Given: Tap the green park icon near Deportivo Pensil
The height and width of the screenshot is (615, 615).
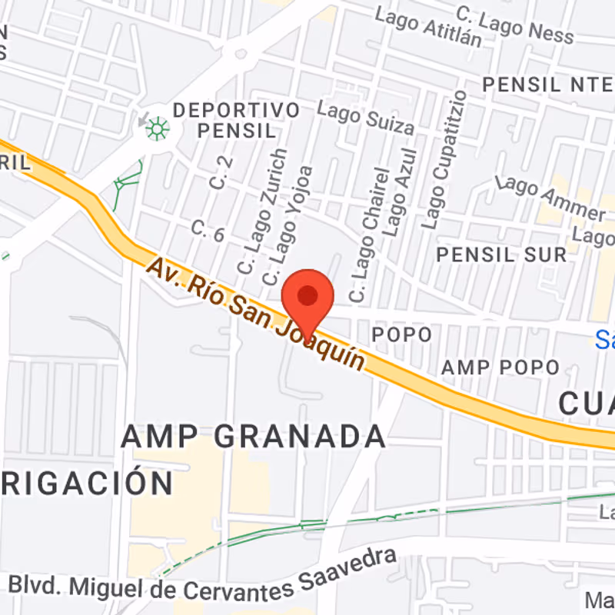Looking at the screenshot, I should click(158, 128).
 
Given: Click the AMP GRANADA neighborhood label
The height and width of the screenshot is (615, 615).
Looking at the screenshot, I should click(253, 437).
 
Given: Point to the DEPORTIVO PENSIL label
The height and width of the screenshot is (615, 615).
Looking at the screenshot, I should click(236, 120).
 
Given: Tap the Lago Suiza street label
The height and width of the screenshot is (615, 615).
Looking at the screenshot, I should click(366, 119).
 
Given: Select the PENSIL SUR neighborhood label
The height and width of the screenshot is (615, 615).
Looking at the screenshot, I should click(501, 254).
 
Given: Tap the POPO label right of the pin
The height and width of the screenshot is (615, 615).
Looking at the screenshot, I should click(401, 334).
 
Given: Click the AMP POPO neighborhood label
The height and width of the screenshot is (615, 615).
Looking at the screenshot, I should click(500, 367).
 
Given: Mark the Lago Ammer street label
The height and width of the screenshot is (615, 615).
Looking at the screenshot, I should click(551, 198).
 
